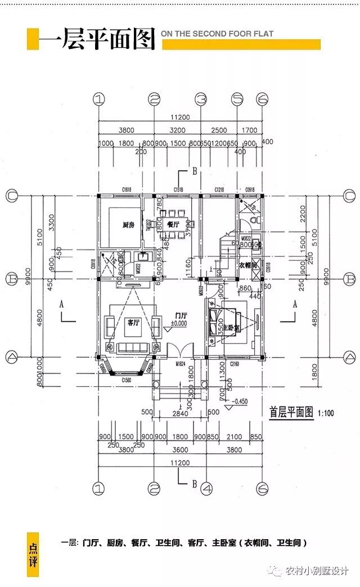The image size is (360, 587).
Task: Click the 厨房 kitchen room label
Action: pos(128,225)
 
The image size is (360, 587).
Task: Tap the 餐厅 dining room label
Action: pos(173,224)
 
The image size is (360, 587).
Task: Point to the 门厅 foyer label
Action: pos(181,315)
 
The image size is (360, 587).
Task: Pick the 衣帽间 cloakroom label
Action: pos(247,265)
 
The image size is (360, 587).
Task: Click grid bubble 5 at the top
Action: pos(237,100)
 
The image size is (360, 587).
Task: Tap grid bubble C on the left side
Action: pos(11,195)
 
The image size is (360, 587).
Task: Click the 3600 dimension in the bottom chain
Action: pos(180,449)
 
